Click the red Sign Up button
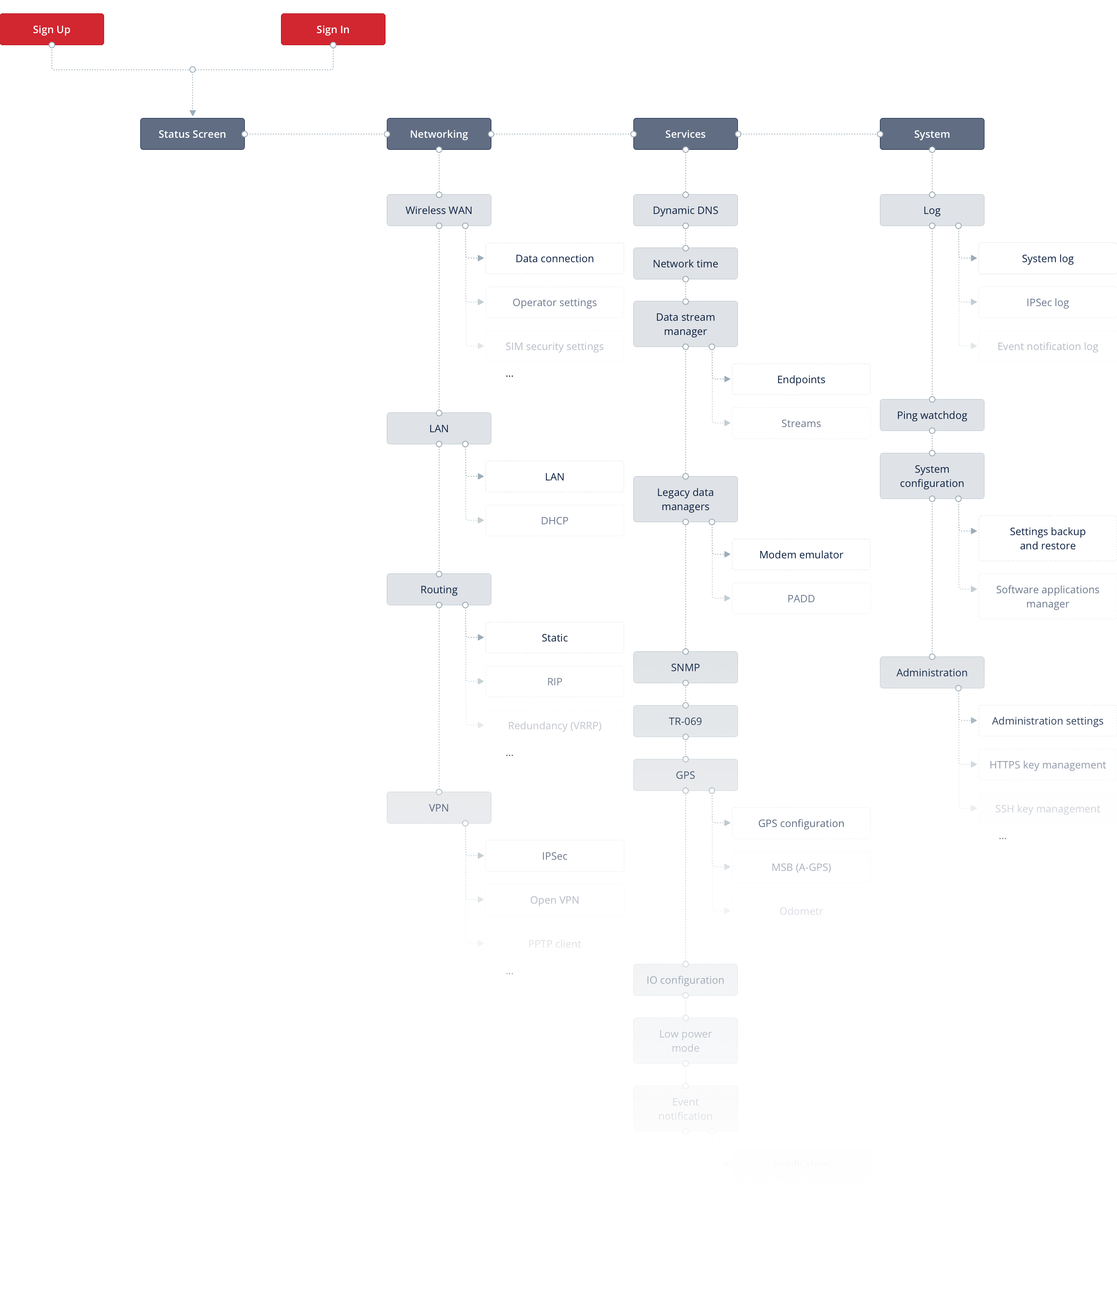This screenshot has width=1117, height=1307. [52, 29]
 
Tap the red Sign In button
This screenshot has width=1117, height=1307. [333, 29]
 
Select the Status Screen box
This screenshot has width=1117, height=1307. [192, 134]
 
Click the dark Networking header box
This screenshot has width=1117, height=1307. [439, 134]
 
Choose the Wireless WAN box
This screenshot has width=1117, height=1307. [439, 210]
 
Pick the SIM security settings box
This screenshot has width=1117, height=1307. [554, 346]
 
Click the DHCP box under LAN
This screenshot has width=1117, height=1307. [554, 520]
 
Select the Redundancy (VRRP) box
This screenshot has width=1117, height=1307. [554, 725]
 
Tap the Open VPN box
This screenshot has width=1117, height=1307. [554, 899]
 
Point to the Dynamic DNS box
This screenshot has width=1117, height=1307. [685, 210]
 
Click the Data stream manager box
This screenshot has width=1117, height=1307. [685, 324]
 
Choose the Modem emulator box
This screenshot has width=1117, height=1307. [801, 554]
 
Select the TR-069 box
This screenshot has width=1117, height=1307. [685, 721]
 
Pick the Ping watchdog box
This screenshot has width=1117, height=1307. [932, 415]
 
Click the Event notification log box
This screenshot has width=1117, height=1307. [1047, 346]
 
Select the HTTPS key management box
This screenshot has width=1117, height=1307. [1047, 765]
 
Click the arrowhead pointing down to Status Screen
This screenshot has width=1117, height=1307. [192, 113]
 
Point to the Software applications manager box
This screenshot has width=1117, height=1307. [1047, 596]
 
